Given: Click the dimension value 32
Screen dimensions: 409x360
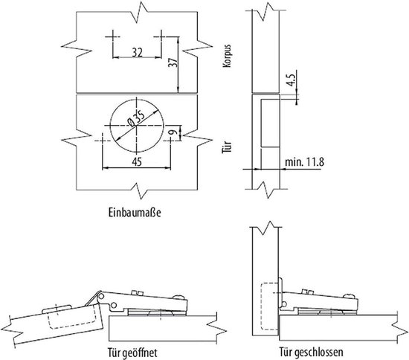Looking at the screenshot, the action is [x=138, y=53].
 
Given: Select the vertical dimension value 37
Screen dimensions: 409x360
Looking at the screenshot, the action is [x=173, y=62].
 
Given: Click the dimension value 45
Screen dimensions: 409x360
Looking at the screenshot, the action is [x=137, y=161].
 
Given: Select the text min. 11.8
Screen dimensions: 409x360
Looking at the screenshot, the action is [x=304, y=161].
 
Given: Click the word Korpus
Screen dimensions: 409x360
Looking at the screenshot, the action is [x=227, y=56].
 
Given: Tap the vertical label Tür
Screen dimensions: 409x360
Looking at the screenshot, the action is [x=227, y=147].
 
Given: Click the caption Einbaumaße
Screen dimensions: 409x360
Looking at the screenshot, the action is [x=135, y=212].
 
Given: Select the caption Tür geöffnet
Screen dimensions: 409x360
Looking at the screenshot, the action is [x=133, y=353].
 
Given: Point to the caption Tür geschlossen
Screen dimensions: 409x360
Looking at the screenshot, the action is [x=311, y=352].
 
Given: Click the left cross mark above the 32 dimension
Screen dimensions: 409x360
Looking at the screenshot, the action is [x=113, y=36].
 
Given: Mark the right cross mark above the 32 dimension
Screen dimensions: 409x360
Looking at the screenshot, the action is [x=161, y=36].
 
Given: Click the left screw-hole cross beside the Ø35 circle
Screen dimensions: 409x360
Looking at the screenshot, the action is [x=103, y=141].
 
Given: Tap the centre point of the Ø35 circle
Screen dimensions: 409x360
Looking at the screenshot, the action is [x=136, y=126].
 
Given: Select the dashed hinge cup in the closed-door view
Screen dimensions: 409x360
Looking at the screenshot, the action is [x=269, y=306].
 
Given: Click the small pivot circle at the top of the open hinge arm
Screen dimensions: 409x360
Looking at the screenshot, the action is [x=101, y=296].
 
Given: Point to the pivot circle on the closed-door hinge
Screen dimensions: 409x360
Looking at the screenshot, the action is [x=284, y=303].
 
